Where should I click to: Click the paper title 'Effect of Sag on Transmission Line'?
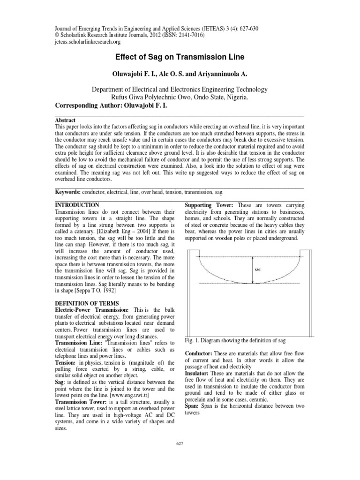click(x=180, y=58)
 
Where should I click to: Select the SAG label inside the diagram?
click(x=257, y=270)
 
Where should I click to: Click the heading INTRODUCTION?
click(x=77, y=205)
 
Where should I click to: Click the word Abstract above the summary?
click(x=66, y=120)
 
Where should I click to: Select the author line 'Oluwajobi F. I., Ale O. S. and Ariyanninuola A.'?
click(x=180, y=74)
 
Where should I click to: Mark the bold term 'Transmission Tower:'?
click(x=82, y=402)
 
